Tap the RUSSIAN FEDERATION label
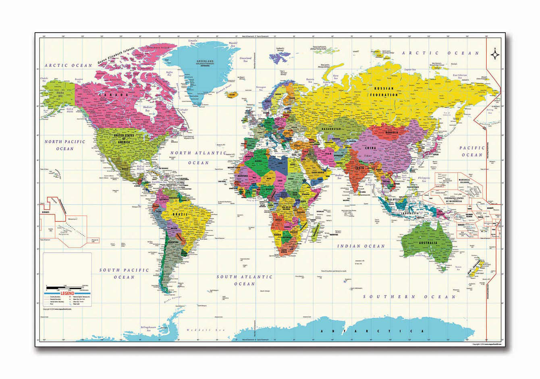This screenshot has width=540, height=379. [386, 92]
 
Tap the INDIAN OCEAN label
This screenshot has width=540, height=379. [361, 246]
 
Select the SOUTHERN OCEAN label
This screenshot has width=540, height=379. [409, 297]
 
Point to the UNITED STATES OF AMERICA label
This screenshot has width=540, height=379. [124, 138]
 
